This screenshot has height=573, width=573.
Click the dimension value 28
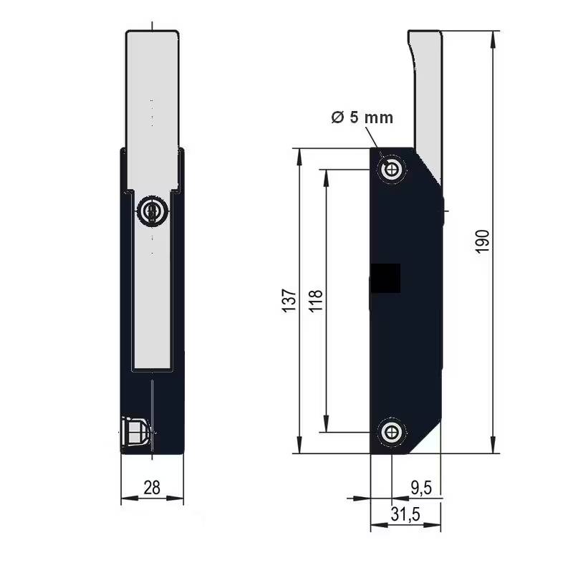click(152, 488)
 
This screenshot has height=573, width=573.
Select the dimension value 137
click(289, 301)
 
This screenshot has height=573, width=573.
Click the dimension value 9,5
click(420, 488)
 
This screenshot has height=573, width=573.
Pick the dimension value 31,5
click(405, 514)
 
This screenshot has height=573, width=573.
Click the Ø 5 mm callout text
click(362, 117)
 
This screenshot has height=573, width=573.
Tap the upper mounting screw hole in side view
click(392, 170)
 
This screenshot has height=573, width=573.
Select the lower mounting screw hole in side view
click(391, 431)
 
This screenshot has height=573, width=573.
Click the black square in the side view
click(385, 278)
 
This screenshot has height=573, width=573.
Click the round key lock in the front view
click(151, 211)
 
